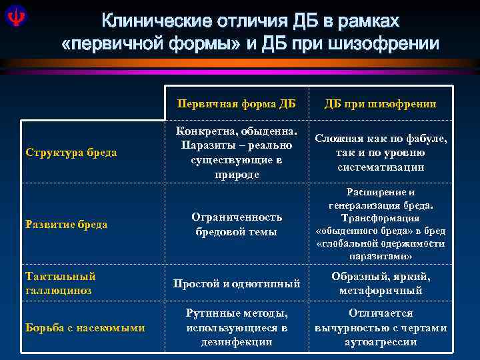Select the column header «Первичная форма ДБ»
(236, 103)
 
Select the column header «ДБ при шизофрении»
(380, 103)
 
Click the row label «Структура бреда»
(71, 153)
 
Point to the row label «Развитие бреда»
(67, 224)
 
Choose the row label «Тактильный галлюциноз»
(60, 283)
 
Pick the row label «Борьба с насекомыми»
(85, 327)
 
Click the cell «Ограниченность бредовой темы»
(236, 224)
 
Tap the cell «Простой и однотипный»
(236, 284)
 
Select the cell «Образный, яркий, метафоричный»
(380, 283)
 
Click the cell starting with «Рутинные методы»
(236, 327)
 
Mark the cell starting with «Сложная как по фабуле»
(380, 153)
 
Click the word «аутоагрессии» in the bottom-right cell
(380, 342)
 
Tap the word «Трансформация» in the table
(380, 218)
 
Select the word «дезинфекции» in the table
(236, 342)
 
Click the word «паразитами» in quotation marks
(380, 256)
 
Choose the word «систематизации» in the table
(380, 167)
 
